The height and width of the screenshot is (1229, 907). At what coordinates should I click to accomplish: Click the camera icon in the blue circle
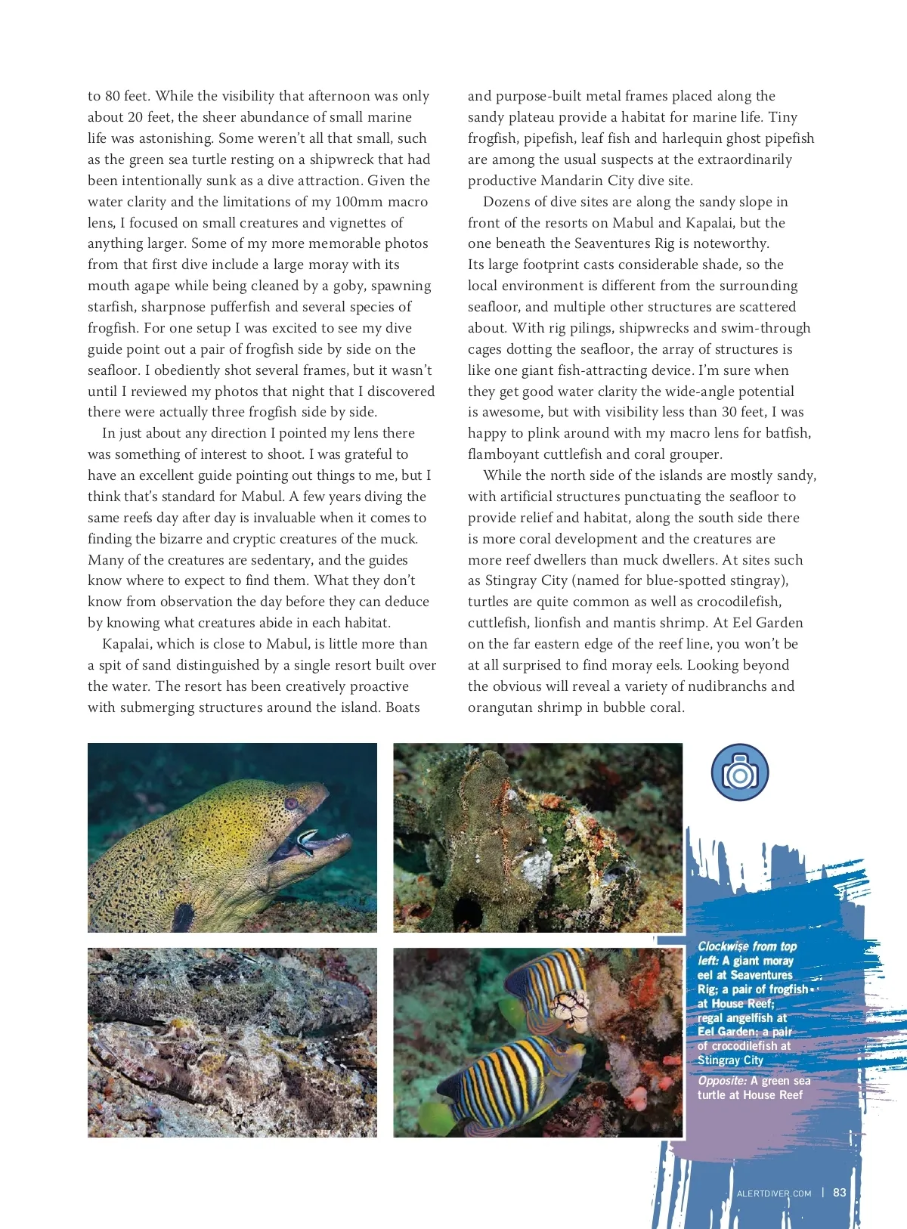click(740, 773)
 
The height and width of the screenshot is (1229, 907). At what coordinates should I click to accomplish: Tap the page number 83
click(840, 1193)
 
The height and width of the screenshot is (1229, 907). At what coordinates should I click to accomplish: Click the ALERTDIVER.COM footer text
click(774, 1193)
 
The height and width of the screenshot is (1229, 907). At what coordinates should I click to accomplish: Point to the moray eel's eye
click(291, 803)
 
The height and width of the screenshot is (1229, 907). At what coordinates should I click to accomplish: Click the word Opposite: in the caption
click(722, 1081)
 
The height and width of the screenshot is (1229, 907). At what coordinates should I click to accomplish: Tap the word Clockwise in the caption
click(723, 946)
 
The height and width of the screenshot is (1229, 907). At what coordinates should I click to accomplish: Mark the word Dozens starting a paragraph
click(508, 202)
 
